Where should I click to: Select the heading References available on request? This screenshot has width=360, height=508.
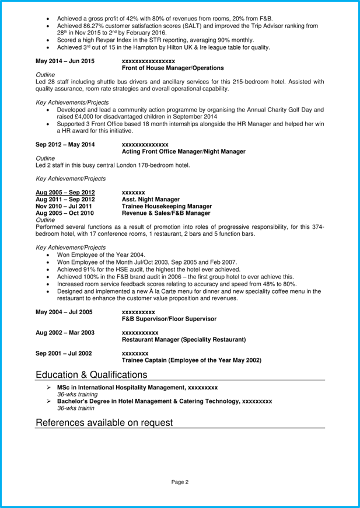(x=104, y=422)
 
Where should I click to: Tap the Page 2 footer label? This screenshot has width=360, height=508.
(x=180, y=482)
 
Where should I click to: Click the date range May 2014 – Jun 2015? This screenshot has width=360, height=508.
(x=65, y=61)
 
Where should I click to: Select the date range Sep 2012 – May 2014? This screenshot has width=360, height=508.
(x=65, y=144)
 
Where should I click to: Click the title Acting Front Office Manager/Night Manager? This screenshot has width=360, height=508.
(x=183, y=152)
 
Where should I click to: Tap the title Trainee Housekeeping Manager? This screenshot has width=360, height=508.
(x=166, y=206)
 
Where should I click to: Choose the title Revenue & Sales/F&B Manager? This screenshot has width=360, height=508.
(x=164, y=213)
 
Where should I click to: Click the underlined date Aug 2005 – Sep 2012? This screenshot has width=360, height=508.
(x=65, y=192)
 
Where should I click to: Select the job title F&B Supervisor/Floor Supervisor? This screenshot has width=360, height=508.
(x=169, y=319)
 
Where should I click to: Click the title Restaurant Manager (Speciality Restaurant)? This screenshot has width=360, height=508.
(x=183, y=339)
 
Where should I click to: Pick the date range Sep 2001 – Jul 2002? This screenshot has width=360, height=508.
(x=65, y=353)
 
